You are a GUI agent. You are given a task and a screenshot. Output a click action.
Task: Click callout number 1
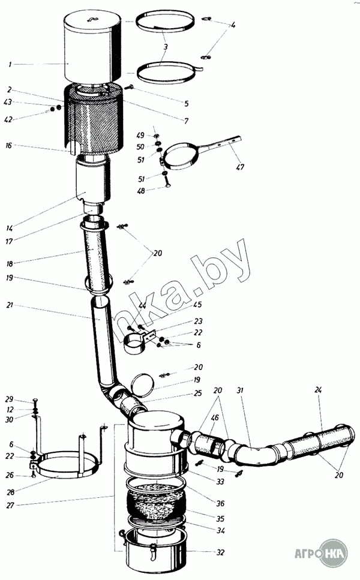pyautogui.click(x=10, y=64)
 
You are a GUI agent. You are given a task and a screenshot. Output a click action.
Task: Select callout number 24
pyautogui.click(x=318, y=390)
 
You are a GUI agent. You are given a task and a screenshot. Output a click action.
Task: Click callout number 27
pyautogui.click(x=10, y=506)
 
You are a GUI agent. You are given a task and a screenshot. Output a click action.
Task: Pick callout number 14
pyautogui.click(x=10, y=228)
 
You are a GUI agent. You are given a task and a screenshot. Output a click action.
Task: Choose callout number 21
pyautogui.click(x=10, y=305)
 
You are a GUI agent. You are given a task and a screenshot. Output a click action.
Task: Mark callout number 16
pyautogui.click(x=10, y=145)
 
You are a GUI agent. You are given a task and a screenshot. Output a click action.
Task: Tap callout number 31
pyautogui.click(x=241, y=391)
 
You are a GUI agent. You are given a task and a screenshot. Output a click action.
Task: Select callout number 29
pyautogui.click(x=10, y=399)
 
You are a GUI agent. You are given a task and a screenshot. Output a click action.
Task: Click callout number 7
pyautogui.click(x=187, y=121)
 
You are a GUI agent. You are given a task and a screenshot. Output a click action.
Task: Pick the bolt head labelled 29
pyautogui.click(x=34, y=400)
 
